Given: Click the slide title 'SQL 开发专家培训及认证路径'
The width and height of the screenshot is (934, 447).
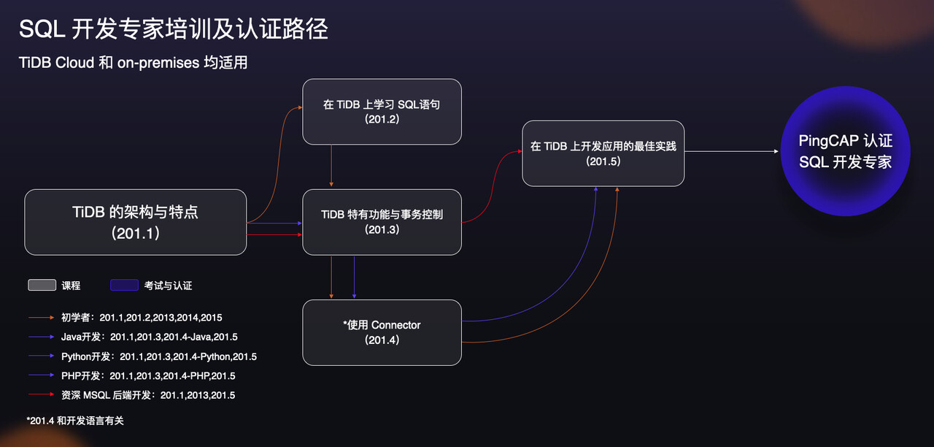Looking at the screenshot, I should click(x=173, y=29).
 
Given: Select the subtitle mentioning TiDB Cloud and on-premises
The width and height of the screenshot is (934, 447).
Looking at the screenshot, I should click(x=134, y=63).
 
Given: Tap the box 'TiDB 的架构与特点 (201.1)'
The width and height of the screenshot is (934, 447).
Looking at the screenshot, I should click(x=136, y=222).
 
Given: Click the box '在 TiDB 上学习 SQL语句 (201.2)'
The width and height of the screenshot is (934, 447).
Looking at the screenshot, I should click(x=382, y=111).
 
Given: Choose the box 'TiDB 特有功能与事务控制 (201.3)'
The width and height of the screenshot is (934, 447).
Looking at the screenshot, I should click(x=382, y=222).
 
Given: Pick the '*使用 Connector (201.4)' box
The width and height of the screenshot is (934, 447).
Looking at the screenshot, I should click(x=382, y=332).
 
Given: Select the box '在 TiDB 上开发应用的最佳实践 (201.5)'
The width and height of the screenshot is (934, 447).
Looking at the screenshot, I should click(x=603, y=153).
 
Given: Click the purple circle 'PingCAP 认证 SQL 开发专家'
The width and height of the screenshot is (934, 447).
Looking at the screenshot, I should click(x=845, y=151).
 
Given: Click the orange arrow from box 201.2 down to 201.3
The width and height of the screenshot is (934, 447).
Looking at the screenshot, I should click(x=332, y=167).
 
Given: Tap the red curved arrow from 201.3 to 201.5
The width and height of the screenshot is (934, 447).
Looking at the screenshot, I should click(x=490, y=190).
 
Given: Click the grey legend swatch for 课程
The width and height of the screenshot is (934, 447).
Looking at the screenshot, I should click(x=42, y=286).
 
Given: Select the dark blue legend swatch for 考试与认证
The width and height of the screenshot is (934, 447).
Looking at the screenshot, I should click(x=124, y=286).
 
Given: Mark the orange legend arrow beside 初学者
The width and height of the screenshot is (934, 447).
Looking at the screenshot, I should click(x=42, y=318).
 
